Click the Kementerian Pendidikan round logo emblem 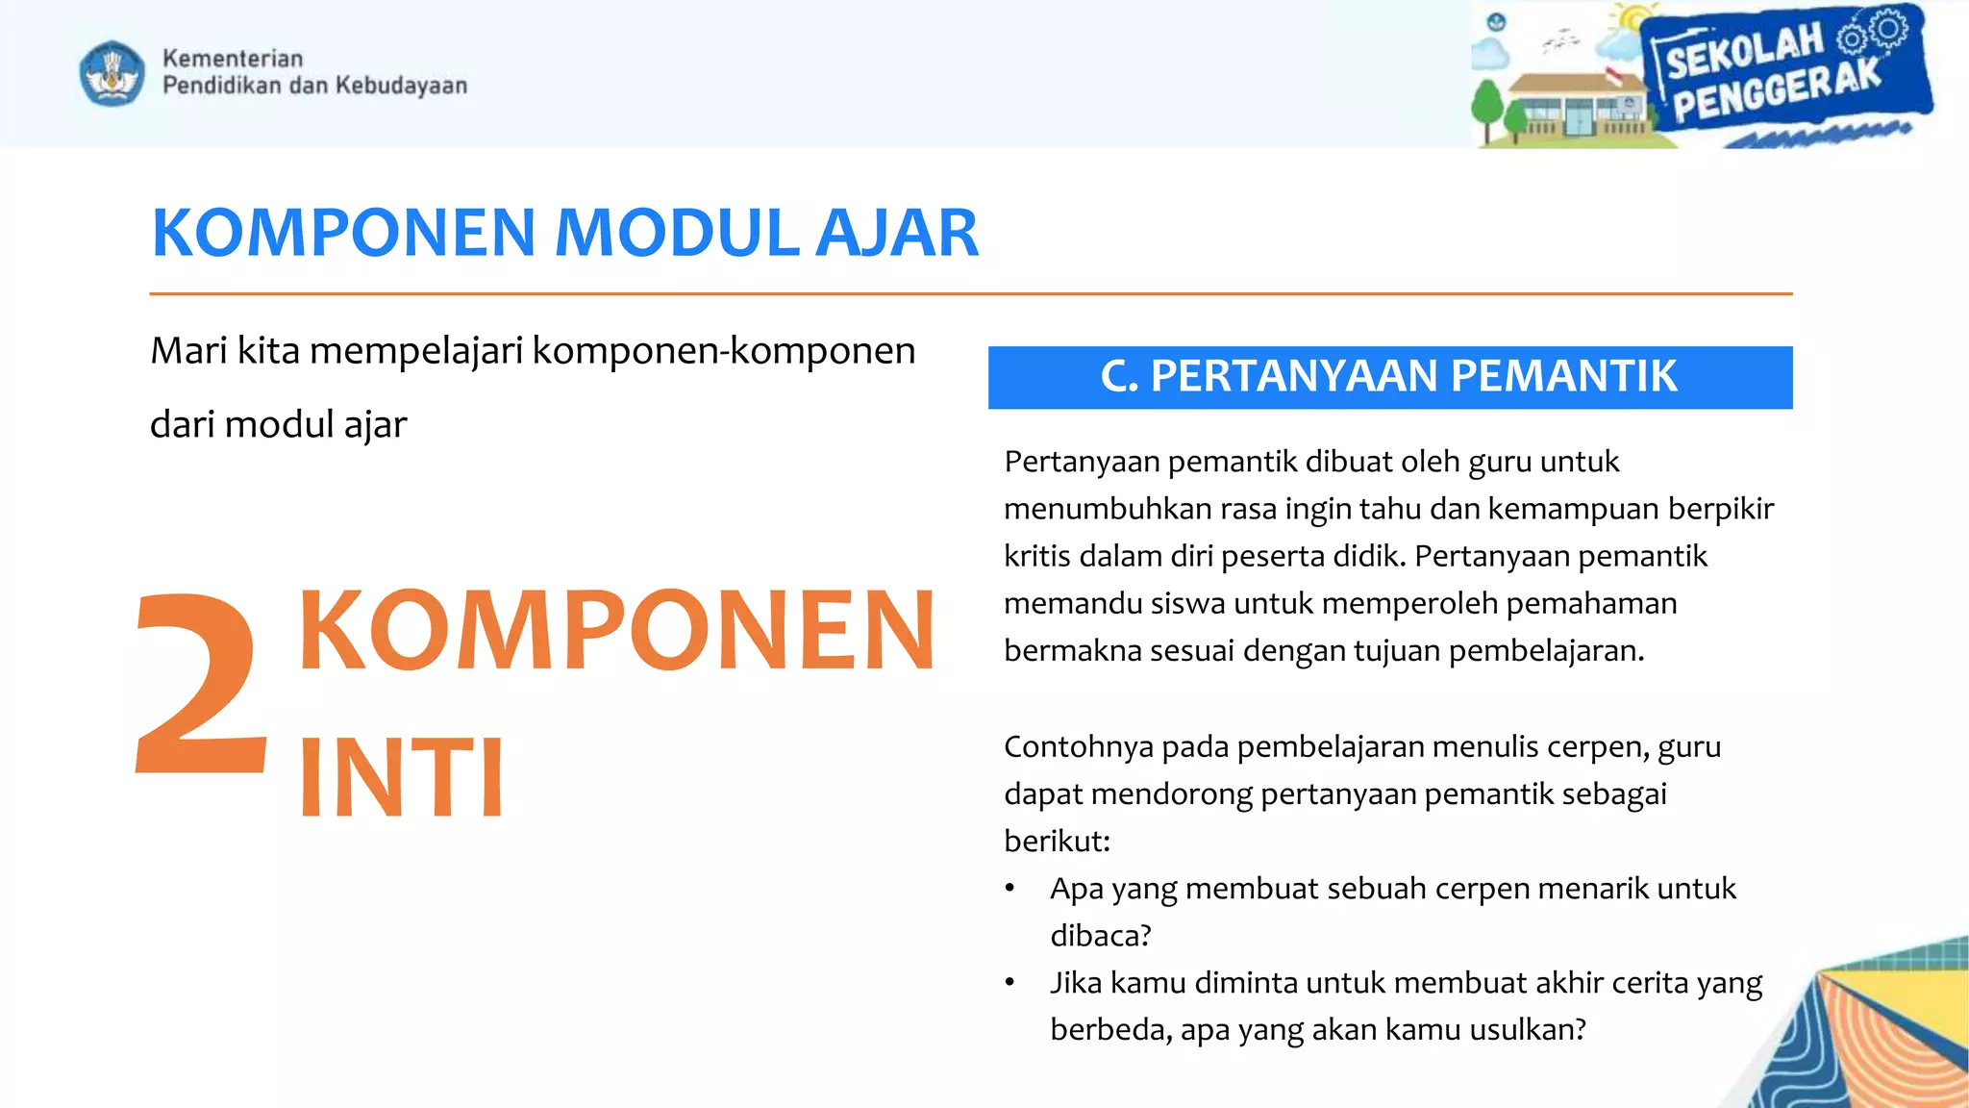point(112,73)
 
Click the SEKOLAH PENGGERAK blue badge point(1783,73)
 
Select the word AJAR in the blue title point(896,234)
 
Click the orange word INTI point(401,777)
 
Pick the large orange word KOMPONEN point(616,630)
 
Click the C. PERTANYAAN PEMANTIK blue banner point(1389,377)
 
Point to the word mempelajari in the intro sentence point(416,351)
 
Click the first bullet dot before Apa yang point(1009,889)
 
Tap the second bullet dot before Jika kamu point(1009,983)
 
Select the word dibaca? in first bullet point(1100,936)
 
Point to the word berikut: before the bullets point(1057,842)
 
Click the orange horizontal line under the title point(971,293)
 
